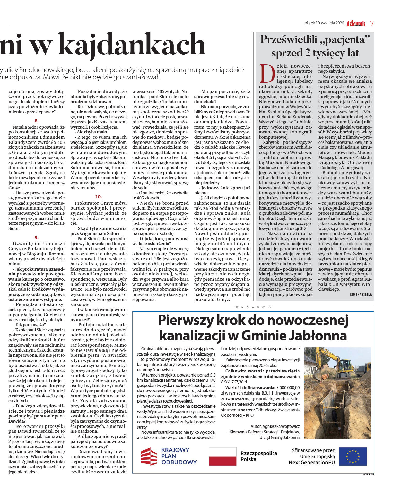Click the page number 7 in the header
[372, 23]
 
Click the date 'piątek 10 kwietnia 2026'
[324, 23]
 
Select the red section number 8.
[37, 121]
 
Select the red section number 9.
[37, 237]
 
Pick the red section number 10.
[99, 197]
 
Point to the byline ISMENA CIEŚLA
[361, 295]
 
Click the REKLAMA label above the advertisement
[253, 307]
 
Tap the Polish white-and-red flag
[222, 456]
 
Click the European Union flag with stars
[353, 456]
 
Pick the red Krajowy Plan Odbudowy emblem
[149, 456]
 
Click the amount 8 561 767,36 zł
[234, 382]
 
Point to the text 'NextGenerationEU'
[312, 462]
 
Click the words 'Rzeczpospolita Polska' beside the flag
[258, 456]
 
